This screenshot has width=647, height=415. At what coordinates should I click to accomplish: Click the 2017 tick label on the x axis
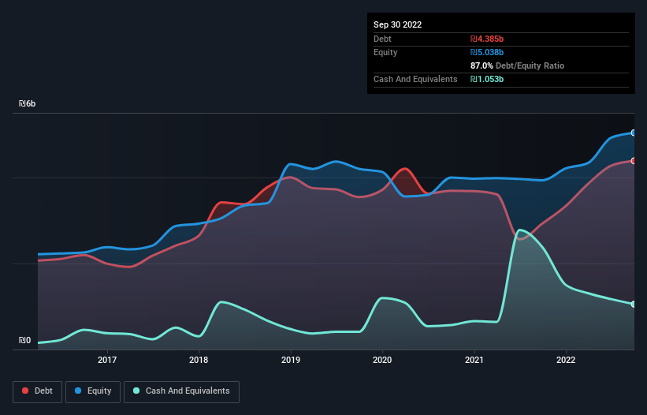point(107,361)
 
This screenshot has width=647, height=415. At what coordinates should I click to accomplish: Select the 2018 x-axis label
point(199,361)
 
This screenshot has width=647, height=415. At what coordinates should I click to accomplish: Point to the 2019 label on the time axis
point(291,361)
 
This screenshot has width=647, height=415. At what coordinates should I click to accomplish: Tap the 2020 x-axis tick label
point(382,361)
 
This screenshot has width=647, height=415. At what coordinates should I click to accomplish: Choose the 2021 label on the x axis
point(474,361)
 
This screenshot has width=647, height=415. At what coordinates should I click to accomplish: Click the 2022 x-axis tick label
point(566,361)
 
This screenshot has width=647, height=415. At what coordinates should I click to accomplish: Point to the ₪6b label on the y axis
point(28,104)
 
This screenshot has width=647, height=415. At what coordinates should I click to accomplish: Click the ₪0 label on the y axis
point(25,341)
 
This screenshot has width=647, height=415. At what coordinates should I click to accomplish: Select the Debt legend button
point(36,391)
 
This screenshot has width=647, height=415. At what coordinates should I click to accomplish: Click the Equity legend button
point(93,391)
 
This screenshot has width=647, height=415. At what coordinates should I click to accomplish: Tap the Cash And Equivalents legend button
point(181,391)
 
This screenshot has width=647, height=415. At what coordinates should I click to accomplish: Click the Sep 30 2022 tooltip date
point(398,24)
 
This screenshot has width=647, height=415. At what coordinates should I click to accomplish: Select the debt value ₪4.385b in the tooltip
point(487,39)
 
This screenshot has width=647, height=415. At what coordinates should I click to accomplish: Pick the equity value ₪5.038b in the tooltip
point(487,52)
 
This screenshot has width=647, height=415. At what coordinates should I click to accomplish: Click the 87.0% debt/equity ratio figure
point(482,65)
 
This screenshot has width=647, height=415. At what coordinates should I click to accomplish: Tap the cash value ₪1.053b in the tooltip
point(487,79)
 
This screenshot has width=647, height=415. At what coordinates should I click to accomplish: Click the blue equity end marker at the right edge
point(634,133)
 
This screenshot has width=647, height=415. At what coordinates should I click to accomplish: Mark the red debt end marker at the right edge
point(634,161)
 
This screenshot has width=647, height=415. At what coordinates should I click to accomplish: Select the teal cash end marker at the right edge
point(634,304)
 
